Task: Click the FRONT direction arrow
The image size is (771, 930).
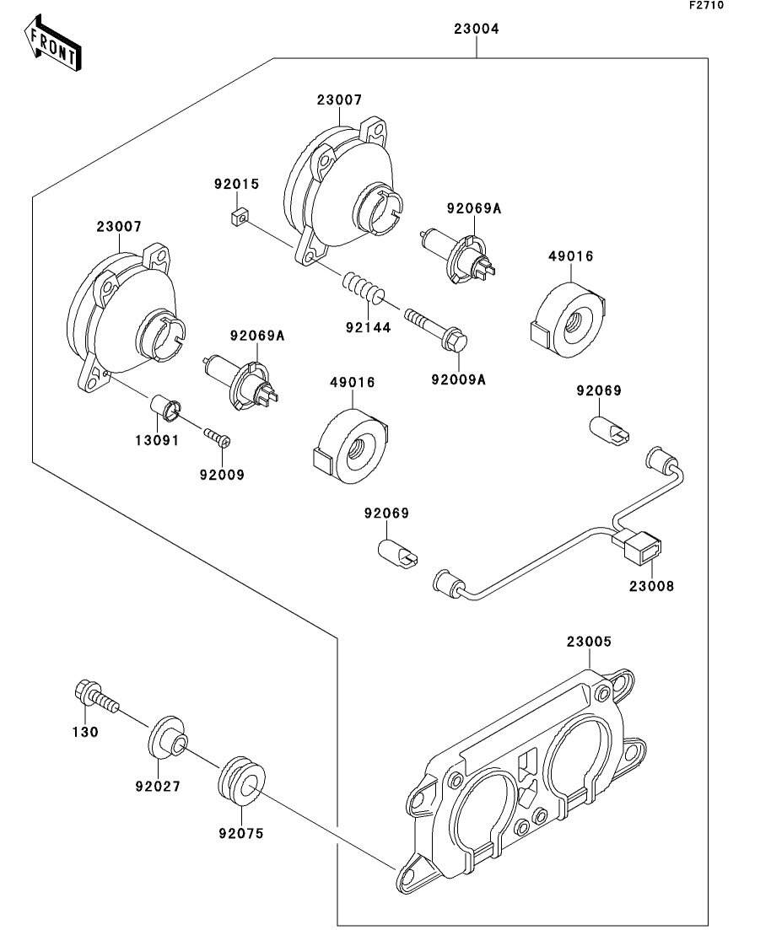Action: [53, 46]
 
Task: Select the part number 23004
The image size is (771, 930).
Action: [477, 29]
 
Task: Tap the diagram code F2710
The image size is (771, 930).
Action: [706, 6]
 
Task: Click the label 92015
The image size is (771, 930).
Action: [236, 184]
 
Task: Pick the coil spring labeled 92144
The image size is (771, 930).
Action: [363, 289]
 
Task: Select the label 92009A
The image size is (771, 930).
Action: [458, 379]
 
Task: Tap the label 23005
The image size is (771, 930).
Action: [588, 642]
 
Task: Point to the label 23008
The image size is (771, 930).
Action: [652, 585]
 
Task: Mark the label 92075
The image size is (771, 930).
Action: [240, 834]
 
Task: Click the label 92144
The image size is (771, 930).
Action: [369, 328]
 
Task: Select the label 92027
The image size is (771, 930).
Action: [157, 787]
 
